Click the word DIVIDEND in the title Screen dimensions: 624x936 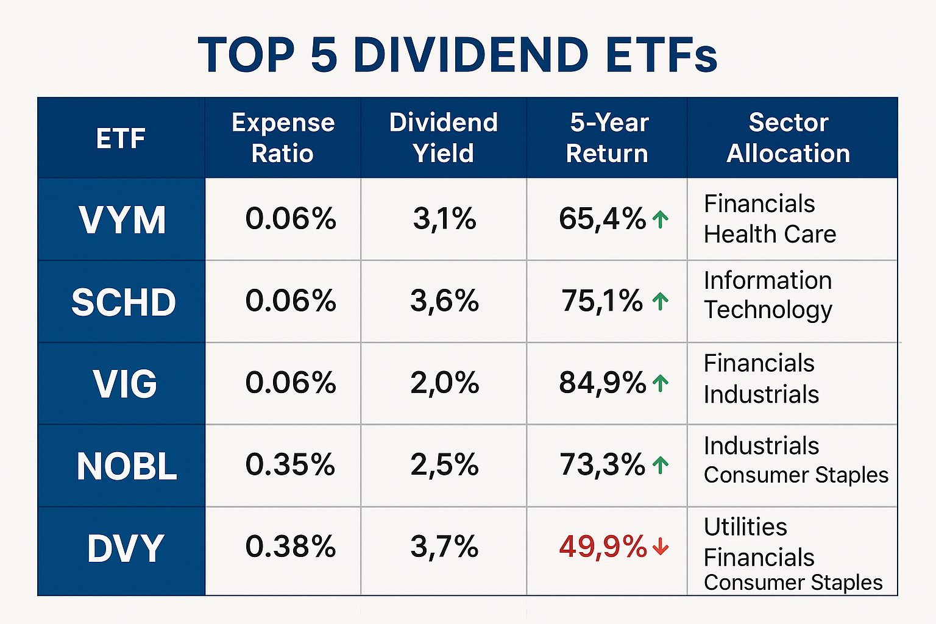(470, 55)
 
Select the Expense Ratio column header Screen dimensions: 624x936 (283, 138)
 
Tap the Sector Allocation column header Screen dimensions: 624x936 (789, 138)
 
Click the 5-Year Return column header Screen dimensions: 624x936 (608, 138)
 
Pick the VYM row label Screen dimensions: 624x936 (122, 220)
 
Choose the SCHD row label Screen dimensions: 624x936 (124, 302)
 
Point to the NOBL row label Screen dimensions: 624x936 (126, 466)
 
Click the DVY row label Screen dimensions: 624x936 (126, 548)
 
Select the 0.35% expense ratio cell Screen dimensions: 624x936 (290, 465)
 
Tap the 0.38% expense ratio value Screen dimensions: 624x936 (290, 547)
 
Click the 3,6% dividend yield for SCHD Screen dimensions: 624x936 (444, 301)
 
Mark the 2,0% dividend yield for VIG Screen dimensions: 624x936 (444, 383)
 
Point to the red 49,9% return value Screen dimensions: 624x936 (603, 547)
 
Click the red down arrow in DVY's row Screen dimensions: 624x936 (661, 547)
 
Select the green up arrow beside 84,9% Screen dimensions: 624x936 (660, 383)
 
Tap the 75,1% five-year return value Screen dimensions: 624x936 (602, 301)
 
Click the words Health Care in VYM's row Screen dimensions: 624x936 (770, 235)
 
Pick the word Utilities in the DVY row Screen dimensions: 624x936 (745, 527)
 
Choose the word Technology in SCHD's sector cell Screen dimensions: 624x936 (768, 310)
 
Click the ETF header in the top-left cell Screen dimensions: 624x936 (121, 138)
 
